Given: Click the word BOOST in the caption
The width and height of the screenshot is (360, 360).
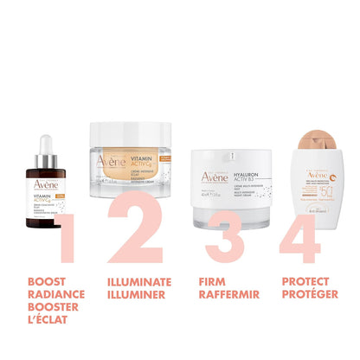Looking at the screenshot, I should pyautogui.click(x=45, y=280).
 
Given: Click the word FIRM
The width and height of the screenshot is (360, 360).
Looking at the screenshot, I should pyautogui.click(x=211, y=280).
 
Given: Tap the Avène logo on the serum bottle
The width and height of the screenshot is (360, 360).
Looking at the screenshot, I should pyautogui.click(x=42, y=181).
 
